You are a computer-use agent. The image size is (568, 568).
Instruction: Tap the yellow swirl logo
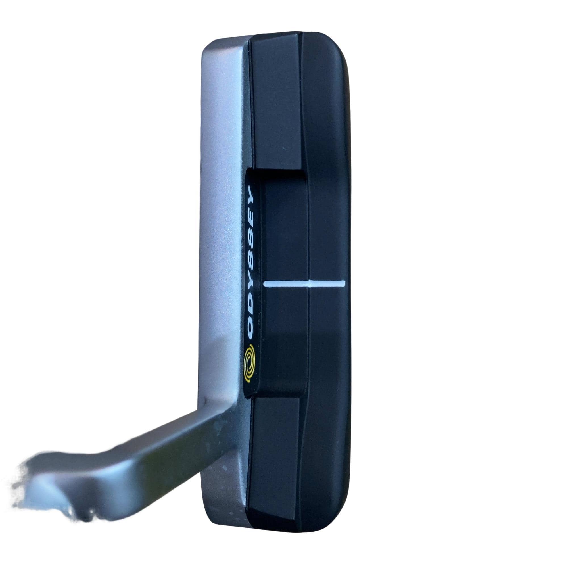[x=251, y=362]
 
